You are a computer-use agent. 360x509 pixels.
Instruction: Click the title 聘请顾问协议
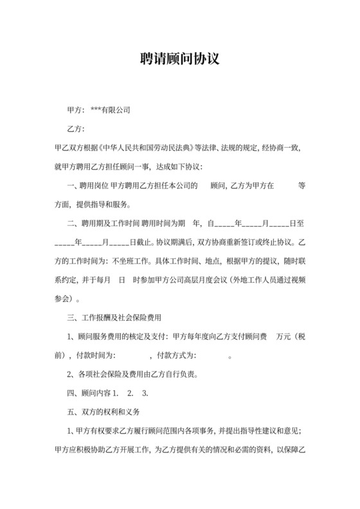[x=180, y=59]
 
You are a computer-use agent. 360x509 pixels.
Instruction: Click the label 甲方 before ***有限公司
[x=75, y=111]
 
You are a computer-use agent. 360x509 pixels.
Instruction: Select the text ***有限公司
[x=111, y=111]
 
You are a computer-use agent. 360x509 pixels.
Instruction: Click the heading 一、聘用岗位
[x=87, y=186]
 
